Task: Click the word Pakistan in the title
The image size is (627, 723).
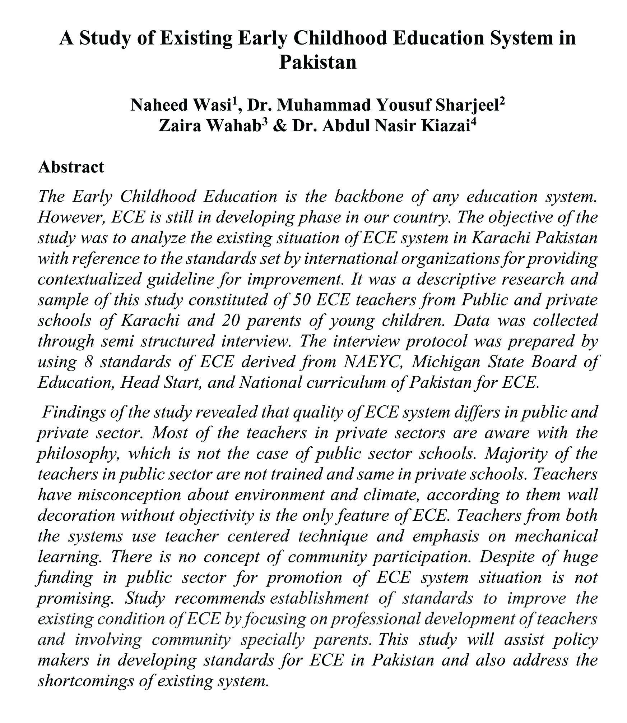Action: [317, 62]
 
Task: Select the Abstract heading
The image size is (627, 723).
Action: [71, 167]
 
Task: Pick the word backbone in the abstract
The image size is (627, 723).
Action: [370, 197]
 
